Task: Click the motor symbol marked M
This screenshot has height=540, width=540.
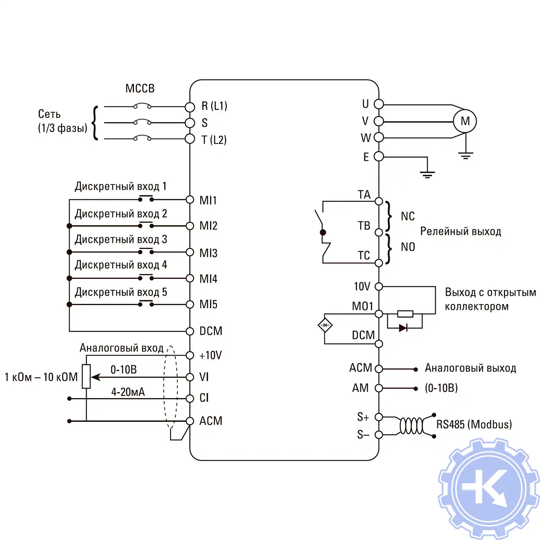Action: (x=465, y=121)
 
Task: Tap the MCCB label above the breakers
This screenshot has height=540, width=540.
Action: (x=140, y=88)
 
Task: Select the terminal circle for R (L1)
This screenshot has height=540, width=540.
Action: (x=190, y=107)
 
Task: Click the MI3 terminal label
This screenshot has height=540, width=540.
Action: (x=208, y=253)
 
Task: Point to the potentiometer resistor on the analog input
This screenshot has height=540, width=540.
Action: (x=86, y=376)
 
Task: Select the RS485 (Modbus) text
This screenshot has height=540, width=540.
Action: (x=474, y=424)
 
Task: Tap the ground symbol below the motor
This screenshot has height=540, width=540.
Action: (x=465, y=156)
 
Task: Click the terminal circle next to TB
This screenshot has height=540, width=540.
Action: (x=379, y=232)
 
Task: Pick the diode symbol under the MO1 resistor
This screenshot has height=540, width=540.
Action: (x=403, y=328)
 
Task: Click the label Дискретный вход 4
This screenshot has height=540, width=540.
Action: (x=121, y=265)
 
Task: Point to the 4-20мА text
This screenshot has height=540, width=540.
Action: (x=128, y=392)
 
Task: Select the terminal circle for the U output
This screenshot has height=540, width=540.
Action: (x=379, y=104)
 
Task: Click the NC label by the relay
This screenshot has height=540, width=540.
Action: (x=408, y=216)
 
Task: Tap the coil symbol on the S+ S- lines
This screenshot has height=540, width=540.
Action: (x=411, y=426)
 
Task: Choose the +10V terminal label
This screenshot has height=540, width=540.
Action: (x=211, y=356)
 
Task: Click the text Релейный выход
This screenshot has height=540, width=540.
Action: (x=460, y=231)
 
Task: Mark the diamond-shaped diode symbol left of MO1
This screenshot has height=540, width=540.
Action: (x=325, y=325)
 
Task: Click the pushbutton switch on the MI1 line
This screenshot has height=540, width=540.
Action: (x=146, y=198)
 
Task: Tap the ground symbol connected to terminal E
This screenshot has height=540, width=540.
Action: (x=427, y=175)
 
